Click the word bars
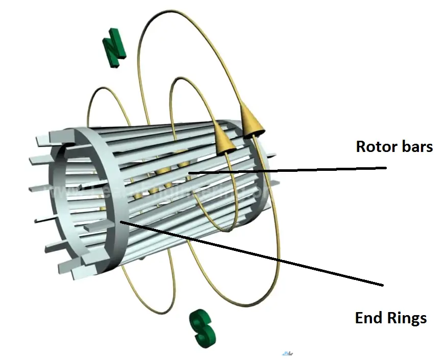pyautogui.click(x=415, y=147)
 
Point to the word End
pyautogui.click(x=368, y=319)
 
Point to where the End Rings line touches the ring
pyautogui.click(x=120, y=222)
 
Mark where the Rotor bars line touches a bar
pyautogui.click(x=190, y=174)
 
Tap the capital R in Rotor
pyautogui.click(x=361, y=147)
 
